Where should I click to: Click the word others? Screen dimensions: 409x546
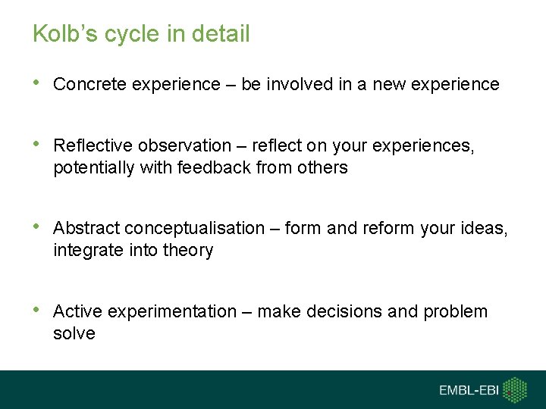point(322,167)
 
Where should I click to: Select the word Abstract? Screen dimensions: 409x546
point(86,228)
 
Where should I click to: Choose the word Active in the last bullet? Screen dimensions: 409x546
point(78,311)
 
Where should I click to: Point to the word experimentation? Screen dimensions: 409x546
point(172,311)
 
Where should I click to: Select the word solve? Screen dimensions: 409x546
point(74,333)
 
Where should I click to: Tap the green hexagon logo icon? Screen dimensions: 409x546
point(516,389)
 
